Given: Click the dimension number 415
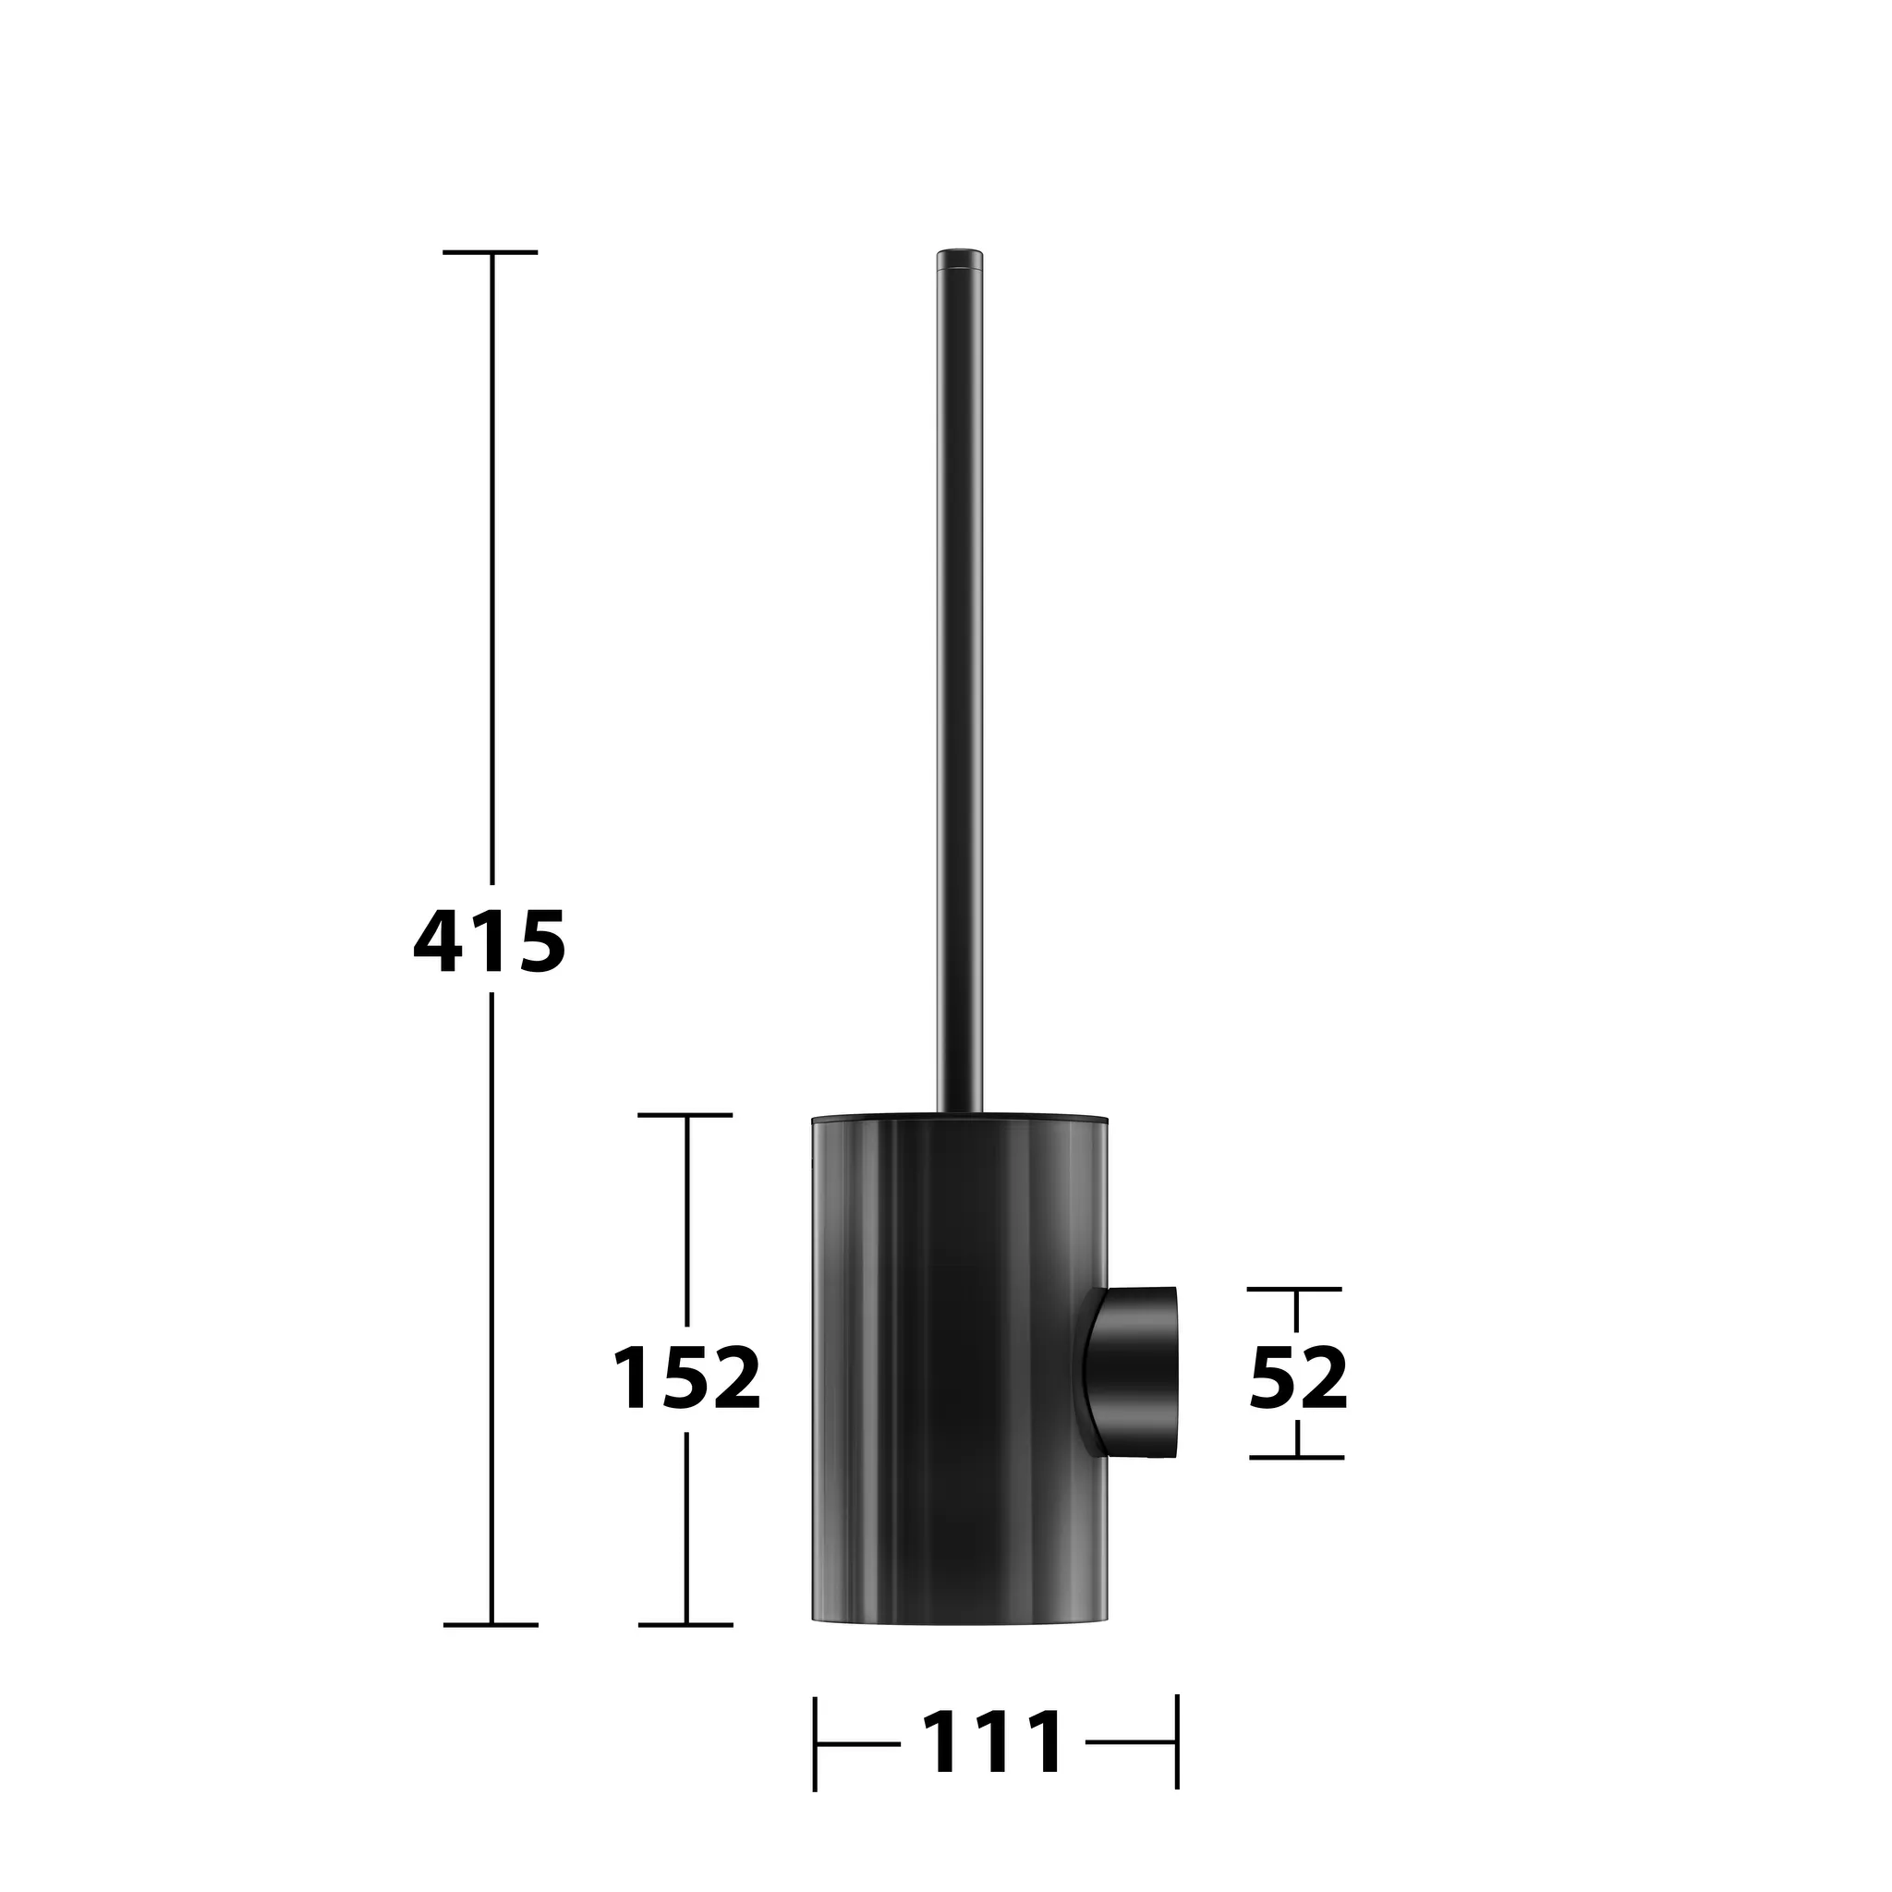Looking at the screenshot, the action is point(490,942).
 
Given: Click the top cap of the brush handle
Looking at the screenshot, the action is point(960,260).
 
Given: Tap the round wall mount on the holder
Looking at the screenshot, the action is point(1132,1372).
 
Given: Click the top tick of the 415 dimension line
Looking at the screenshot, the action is point(490,251).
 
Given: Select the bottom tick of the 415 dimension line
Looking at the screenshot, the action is point(490,1625).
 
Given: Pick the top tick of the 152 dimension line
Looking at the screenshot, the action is point(685,1114).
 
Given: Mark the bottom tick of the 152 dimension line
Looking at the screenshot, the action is point(685,1625).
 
